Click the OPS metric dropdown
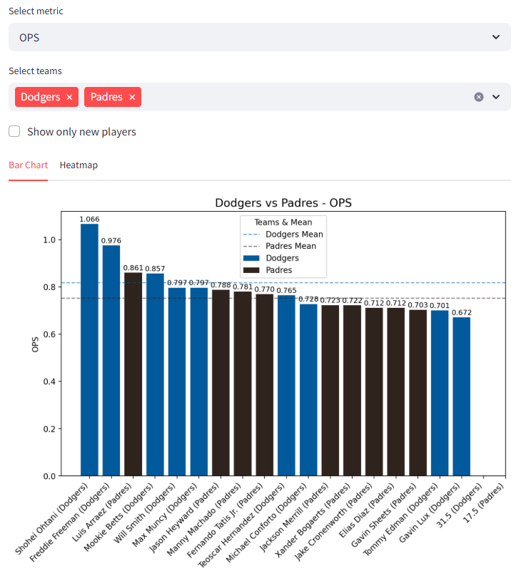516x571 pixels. [x=259, y=37]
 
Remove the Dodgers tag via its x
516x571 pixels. [x=69, y=97]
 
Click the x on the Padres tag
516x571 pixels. [x=132, y=97]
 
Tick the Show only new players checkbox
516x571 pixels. [x=14, y=132]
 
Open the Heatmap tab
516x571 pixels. [x=79, y=165]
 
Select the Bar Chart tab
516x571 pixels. [x=28, y=165]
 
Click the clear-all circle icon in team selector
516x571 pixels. [x=479, y=97]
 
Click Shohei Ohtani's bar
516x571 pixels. [x=90, y=349]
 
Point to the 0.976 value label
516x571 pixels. [x=111, y=241]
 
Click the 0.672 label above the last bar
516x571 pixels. [x=462, y=313]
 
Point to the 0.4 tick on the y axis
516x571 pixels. [x=49, y=381]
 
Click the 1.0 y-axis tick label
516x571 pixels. [x=49, y=240]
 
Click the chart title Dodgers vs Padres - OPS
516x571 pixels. [x=283, y=203]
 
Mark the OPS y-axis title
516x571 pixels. [x=35, y=345]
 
